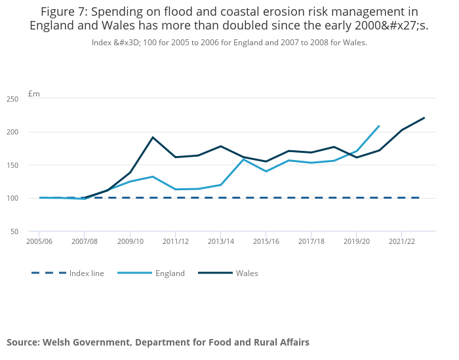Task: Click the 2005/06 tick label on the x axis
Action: [x=39, y=241]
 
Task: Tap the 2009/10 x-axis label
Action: [x=130, y=241]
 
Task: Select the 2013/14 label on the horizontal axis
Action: [x=220, y=241]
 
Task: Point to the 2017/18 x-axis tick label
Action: [x=311, y=241]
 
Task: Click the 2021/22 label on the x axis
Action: [x=402, y=241]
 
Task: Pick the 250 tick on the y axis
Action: [x=12, y=99]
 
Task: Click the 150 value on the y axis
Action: [x=12, y=165]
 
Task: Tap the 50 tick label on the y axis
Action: [x=14, y=231]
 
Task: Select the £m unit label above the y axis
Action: [x=34, y=94]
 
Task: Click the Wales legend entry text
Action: [x=247, y=273]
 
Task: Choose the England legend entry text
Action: [x=170, y=273]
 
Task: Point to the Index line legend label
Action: [x=87, y=273]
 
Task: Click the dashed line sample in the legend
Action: [x=49, y=273]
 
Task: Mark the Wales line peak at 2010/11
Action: [x=153, y=137]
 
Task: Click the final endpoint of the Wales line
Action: [x=424, y=118]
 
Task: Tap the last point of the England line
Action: [x=379, y=126]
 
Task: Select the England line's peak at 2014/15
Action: [x=243, y=159]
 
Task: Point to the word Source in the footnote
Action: [x=23, y=342]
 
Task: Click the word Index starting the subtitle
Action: [x=102, y=42]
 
